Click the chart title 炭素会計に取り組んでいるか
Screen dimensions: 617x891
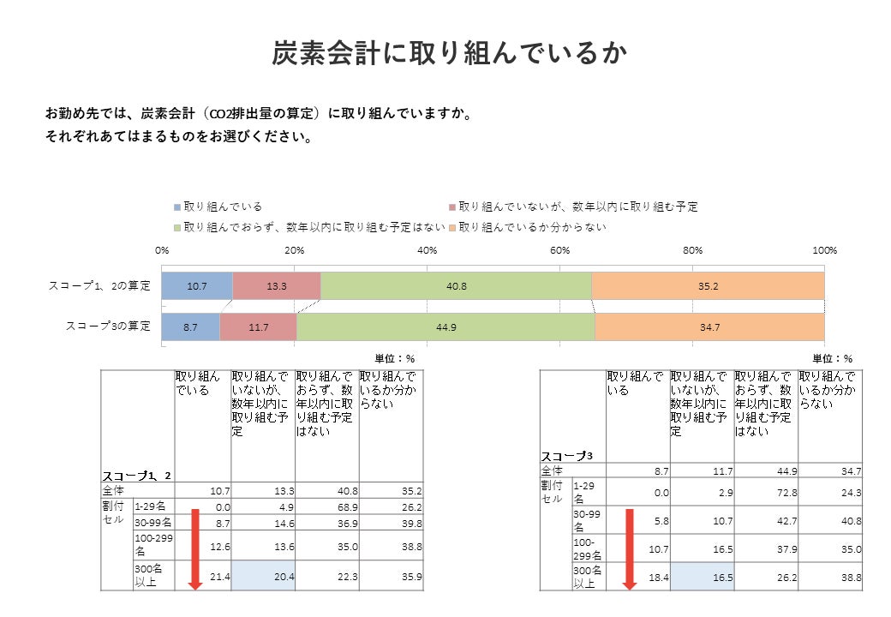pyautogui.click(x=450, y=53)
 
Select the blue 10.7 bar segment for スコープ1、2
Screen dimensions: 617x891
pyautogui.click(x=197, y=285)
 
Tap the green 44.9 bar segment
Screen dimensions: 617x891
pyautogui.click(x=445, y=326)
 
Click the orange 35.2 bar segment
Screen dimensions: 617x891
pyautogui.click(x=708, y=285)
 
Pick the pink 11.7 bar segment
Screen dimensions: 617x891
pyautogui.click(x=259, y=326)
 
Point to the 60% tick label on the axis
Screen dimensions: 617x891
pyautogui.click(x=559, y=249)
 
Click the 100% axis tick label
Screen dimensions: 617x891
pyautogui.click(x=824, y=249)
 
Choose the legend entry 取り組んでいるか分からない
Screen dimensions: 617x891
pyautogui.click(x=532, y=227)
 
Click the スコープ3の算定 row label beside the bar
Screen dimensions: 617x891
pyautogui.click(x=109, y=326)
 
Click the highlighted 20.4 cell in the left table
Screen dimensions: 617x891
pyautogui.click(x=263, y=578)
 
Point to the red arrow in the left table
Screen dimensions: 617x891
pyautogui.click(x=194, y=548)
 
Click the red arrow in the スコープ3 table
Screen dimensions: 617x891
pyautogui.click(x=630, y=548)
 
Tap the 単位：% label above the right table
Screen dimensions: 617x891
pyautogui.click(x=833, y=358)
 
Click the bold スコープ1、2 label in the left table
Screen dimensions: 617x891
pyautogui.click(x=137, y=476)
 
